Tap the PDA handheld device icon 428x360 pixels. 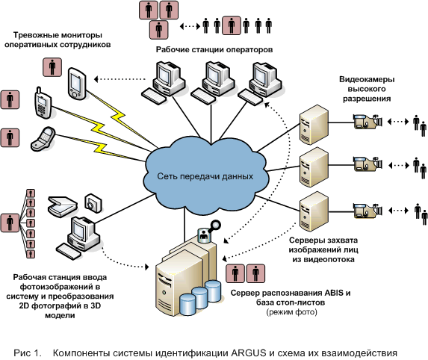77,83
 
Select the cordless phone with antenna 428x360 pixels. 43,103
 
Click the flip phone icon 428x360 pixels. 43,139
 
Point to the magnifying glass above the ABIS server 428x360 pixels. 214,226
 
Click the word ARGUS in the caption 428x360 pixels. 249,353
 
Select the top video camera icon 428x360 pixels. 367,121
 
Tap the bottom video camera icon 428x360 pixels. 367,211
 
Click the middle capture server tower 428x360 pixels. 314,167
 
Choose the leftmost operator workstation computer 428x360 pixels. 164,83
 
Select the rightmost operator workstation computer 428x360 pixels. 260,84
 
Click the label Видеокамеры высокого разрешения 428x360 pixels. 367,89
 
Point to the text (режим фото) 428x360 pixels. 291,311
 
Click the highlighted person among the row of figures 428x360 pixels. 232,25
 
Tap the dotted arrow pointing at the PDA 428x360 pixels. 120,79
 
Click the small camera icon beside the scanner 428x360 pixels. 93,203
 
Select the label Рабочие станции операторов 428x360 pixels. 214,50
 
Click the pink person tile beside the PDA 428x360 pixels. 52,67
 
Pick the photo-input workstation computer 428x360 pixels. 79,238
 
